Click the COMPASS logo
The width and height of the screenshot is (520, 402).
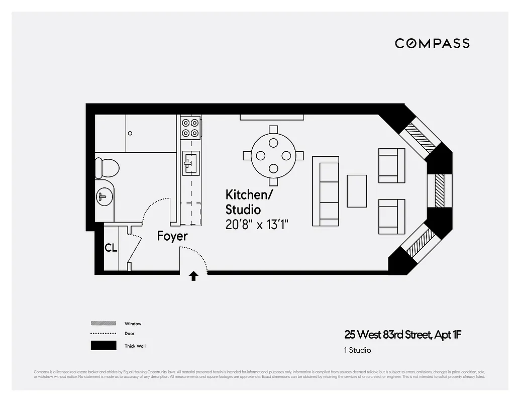pos(432,43)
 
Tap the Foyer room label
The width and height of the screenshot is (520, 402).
pos(172,236)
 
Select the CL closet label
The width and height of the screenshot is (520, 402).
pos(111,248)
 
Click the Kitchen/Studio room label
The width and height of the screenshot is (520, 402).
pos(243,202)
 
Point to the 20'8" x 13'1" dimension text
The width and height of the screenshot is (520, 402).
pos(259,225)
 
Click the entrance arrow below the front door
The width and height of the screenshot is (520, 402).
pos(193,276)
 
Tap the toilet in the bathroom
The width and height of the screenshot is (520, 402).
pos(107,167)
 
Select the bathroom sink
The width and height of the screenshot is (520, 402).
pos(104,196)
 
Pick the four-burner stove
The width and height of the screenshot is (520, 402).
pos(190,127)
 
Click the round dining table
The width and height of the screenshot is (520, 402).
pos(273,155)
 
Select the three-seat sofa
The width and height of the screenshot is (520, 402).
pos(326,191)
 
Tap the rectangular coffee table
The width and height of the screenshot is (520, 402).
pos(357,191)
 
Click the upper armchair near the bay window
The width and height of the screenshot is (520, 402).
pos(391,165)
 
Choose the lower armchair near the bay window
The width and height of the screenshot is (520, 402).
pos(391,217)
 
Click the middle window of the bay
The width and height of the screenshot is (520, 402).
pos(440,191)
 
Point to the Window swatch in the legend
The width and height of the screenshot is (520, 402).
pos(103,324)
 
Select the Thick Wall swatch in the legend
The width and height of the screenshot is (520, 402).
pos(103,346)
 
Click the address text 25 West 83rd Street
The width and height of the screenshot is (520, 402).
pos(402,335)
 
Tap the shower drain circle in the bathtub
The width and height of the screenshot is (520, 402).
pos(130,133)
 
